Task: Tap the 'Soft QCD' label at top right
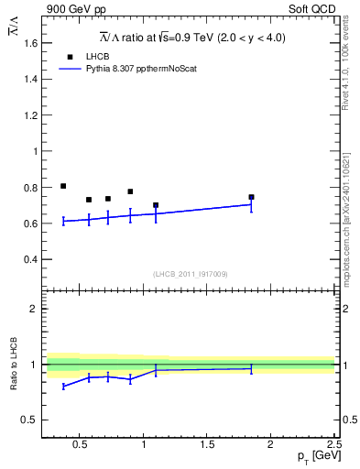click(x=311, y=8)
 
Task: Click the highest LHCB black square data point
click(x=63, y=186)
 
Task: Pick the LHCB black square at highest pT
click(x=251, y=197)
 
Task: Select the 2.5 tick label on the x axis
click(x=333, y=446)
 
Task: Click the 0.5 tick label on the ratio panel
click(x=30, y=420)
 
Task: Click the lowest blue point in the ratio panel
click(x=63, y=387)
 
